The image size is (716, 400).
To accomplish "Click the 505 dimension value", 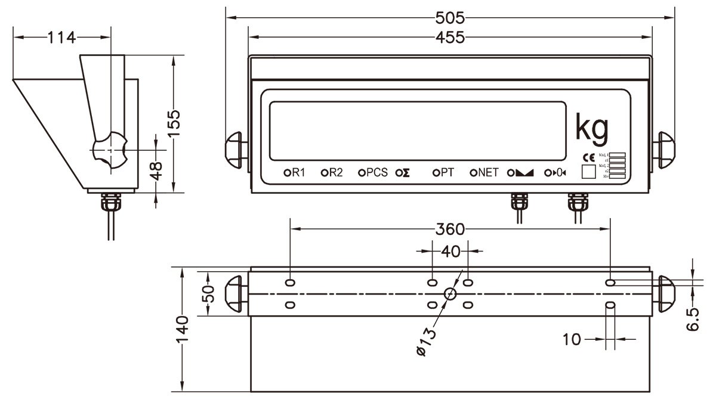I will click(450, 16).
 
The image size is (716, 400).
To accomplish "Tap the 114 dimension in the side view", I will click(62, 38).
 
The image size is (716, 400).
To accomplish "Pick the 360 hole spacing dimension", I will click(450, 228).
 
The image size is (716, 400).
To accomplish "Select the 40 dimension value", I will click(451, 252).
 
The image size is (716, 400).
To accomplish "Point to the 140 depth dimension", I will click(182, 328).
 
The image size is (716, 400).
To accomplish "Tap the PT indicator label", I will click(447, 173).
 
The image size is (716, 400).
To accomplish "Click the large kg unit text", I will click(591, 127).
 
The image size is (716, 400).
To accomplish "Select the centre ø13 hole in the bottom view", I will click(450, 293).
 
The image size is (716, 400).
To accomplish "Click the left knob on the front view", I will click(234, 147).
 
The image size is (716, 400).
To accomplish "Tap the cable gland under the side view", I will click(111, 203).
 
